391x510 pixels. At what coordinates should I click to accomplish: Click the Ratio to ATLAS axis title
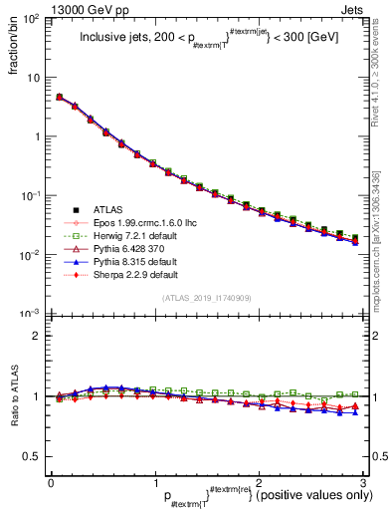(14, 398)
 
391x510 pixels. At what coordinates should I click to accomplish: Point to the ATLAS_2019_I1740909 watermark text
(206, 299)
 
